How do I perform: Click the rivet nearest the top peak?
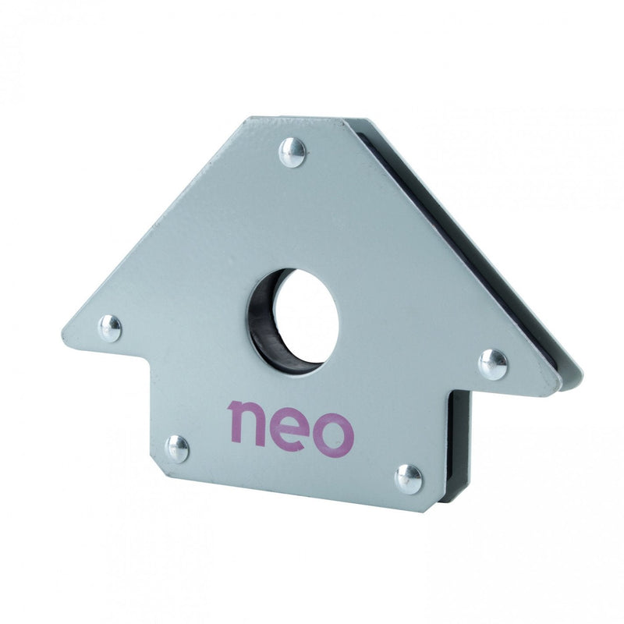(293, 152)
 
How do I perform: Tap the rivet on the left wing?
(110, 328)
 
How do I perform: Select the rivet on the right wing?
(492, 363)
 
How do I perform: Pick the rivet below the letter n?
(178, 448)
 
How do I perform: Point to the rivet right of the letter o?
(408, 478)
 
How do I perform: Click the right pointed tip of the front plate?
(559, 382)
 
